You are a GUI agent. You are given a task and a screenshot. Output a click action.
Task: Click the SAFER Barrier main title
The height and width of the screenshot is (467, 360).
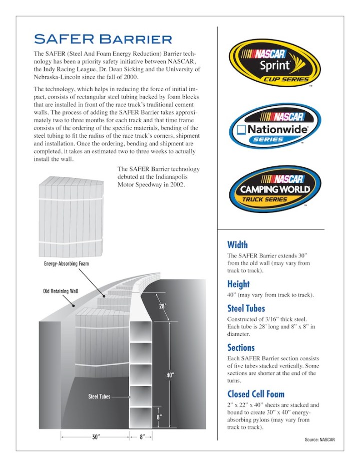pyautogui.click(x=103, y=39)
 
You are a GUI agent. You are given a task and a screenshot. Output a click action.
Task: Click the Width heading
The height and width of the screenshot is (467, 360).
pyautogui.click(x=237, y=245)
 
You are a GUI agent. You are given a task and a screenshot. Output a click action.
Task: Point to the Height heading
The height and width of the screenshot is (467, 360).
pyautogui.click(x=239, y=284)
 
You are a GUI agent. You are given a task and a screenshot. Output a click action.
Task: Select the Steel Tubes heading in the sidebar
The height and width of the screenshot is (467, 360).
pyautogui.click(x=246, y=308)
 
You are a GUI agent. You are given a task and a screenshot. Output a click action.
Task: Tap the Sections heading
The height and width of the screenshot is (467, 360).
pyautogui.click(x=241, y=347)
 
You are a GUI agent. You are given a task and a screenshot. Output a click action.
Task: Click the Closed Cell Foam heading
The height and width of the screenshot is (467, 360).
pyautogui.click(x=256, y=394)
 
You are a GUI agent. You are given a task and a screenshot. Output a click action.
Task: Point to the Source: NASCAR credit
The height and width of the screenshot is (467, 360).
pyautogui.click(x=319, y=439)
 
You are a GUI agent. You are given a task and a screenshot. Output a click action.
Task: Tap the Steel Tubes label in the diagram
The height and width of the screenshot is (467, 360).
pyautogui.click(x=100, y=396)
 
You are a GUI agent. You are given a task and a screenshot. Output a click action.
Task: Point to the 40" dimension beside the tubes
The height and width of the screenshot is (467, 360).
pyautogui.click(x=170, y=375)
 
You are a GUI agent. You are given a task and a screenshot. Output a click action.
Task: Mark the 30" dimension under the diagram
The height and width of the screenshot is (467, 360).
pyautogui.click(x=95, y=437)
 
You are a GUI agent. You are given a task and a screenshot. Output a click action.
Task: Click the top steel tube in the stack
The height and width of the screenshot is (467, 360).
pyautogui.click(x=141, y=331)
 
